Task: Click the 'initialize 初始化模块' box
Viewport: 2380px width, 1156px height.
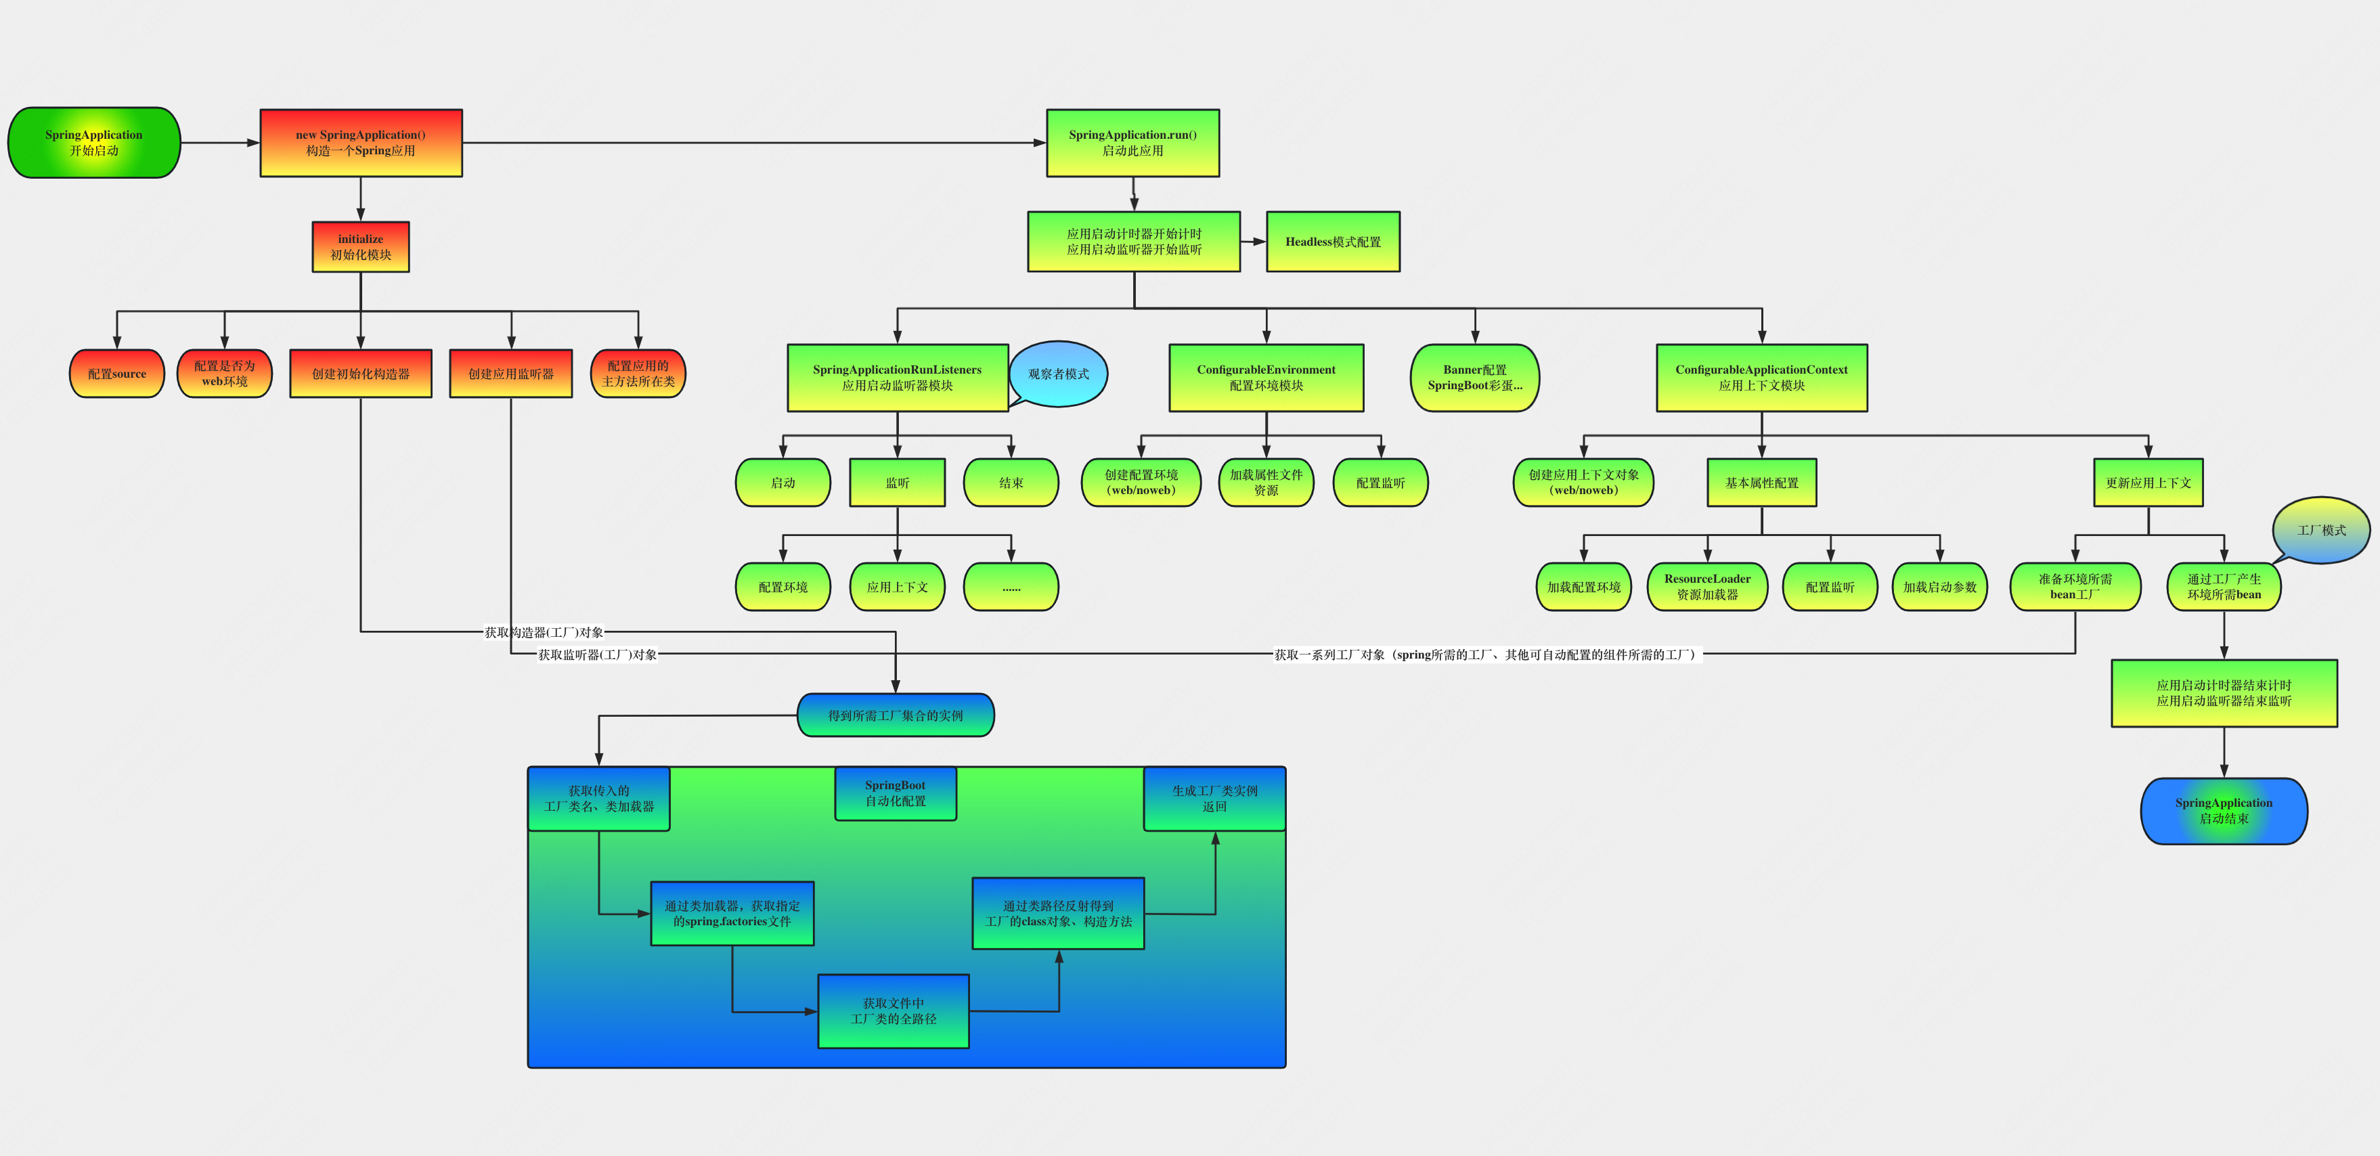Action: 360,247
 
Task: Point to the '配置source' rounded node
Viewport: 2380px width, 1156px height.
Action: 117,374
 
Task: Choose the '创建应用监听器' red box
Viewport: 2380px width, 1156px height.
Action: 511,374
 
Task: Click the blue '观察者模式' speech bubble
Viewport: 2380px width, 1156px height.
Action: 1059,374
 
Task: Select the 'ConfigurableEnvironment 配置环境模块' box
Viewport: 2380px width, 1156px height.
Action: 1266,378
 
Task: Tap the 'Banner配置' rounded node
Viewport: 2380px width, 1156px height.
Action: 1474,378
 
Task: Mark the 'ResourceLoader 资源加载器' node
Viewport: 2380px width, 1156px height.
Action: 1707,587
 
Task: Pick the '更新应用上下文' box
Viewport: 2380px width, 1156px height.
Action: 2148,483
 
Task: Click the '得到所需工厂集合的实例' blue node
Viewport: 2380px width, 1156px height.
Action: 896,715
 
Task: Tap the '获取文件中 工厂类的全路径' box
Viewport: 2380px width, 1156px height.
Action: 894,1011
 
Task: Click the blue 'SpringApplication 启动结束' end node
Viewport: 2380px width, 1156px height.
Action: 2224,810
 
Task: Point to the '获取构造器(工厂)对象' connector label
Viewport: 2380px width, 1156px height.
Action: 544,632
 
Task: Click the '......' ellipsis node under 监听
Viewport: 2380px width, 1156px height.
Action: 1011,587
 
